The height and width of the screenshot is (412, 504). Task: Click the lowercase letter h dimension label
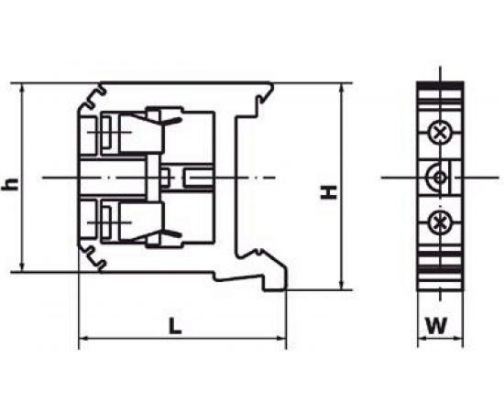(x=10, y=183)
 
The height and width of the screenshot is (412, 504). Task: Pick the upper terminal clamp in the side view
(x=128, y=133)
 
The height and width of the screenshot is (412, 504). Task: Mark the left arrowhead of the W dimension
(x=422, y=339)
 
